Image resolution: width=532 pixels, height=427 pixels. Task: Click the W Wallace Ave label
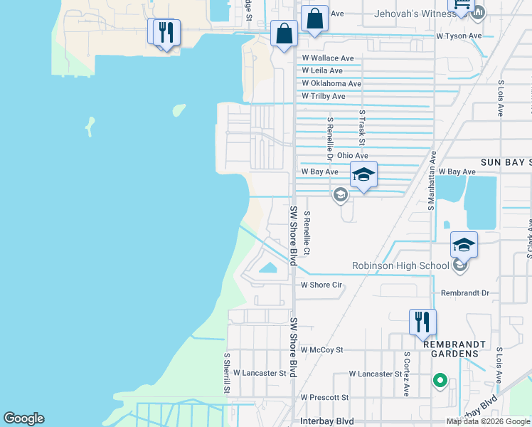point(327,58)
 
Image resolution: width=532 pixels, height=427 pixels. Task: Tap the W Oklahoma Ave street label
point(331,84)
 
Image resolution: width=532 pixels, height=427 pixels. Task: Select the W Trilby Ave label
point(323,96)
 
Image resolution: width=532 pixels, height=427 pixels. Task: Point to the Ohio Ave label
point(352,155)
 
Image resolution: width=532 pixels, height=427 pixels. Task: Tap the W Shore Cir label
point(321,285)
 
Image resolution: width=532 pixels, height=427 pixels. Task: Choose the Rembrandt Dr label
point(465,292)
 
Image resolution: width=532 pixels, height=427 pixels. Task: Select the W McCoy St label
point(321,349)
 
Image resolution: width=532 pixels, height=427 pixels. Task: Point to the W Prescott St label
point(324,397)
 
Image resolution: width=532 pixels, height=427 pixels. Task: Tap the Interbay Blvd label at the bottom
point(327,421)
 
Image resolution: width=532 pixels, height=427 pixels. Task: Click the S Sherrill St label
point(227,373)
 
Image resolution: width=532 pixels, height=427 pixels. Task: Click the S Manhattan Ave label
point(431,180)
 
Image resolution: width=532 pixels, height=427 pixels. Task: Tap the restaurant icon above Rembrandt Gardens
point(422,322)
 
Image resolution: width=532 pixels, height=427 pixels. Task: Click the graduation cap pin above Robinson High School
point(463,246)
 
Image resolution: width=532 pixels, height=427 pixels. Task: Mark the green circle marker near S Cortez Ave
point(440,381)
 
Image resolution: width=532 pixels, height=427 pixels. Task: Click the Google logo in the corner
point(23,418)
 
